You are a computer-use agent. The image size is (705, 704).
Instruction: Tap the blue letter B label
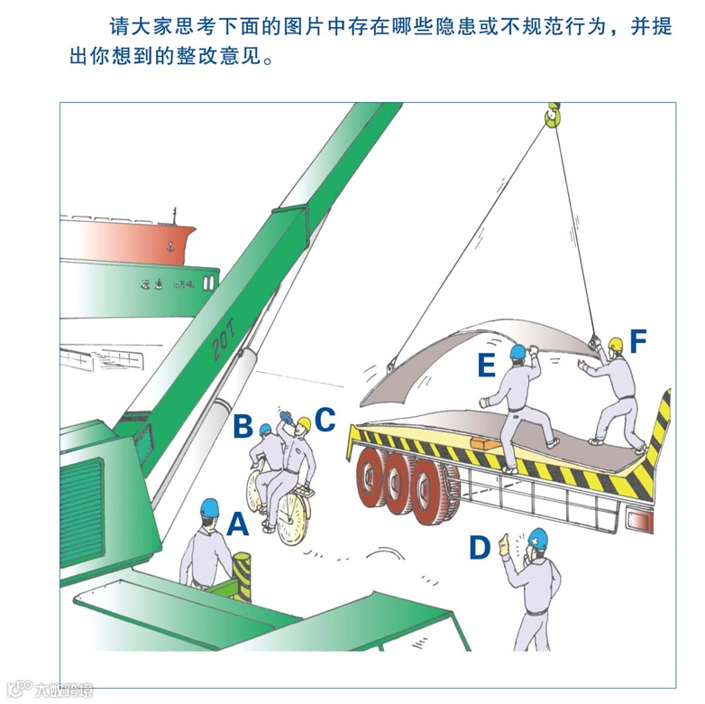pos(242,426)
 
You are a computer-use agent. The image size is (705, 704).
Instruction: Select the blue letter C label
pos(325,420)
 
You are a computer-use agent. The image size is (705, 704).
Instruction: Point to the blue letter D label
pos(479,547)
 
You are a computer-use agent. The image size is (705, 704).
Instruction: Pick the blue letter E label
pos(487,365)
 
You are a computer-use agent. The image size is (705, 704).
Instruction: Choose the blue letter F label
pos(638,342)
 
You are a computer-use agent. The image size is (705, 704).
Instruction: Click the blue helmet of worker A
pos(209,508)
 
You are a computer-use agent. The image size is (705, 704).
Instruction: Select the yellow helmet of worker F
pos(616,344)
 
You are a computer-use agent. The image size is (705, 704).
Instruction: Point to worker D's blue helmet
pos(538,539)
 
